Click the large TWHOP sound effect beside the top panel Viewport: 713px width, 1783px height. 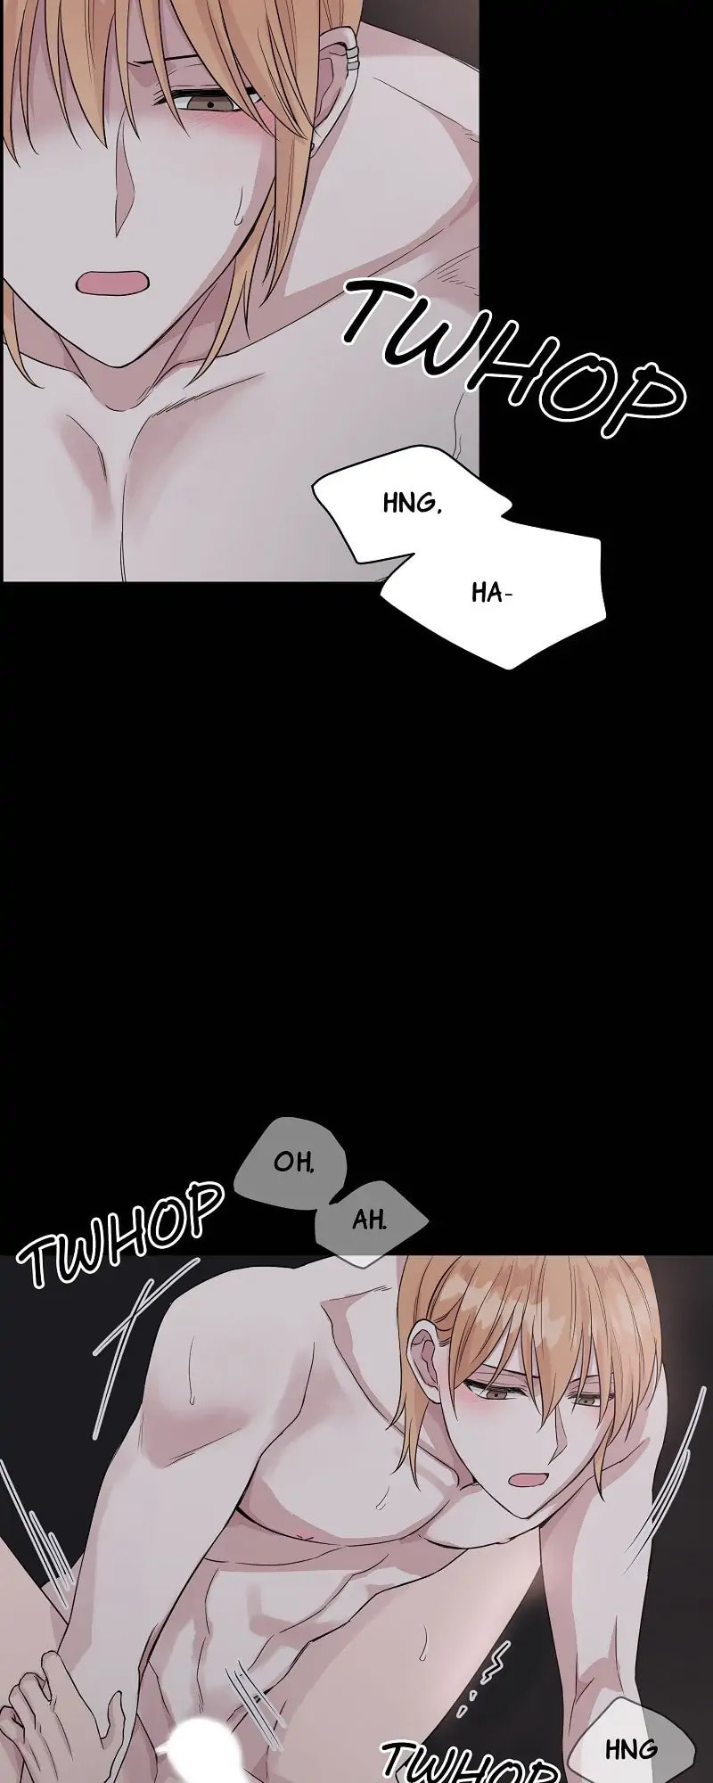coord(512,357)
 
